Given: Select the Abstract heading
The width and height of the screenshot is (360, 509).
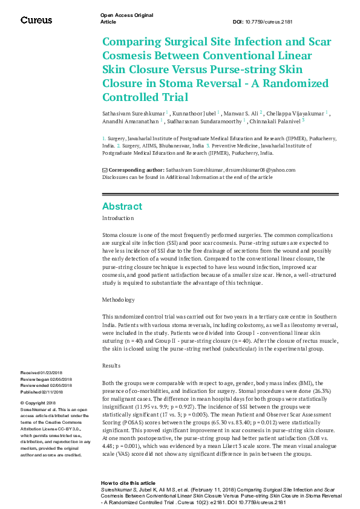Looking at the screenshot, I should click(122, 206).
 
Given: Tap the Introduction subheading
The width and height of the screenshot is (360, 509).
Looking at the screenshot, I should click(118, 218).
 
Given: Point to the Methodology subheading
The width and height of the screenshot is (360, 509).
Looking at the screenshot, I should click(119, 300).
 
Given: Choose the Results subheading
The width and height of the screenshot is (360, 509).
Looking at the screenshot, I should click(111, 366).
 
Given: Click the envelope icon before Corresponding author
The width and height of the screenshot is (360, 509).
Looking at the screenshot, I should click(105, 170).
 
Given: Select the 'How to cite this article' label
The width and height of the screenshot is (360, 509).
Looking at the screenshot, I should click(127, 483).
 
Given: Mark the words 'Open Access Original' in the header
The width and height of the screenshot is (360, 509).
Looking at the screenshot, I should click(126, 15).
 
